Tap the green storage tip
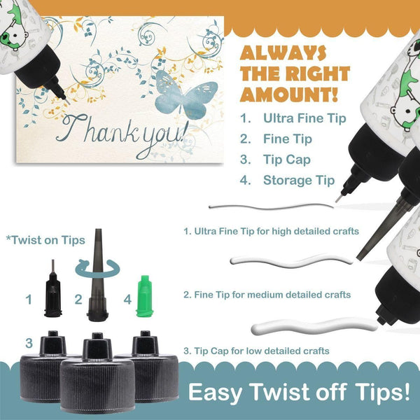pyautogui.click(x=145, y=296)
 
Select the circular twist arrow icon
pyautogui.click(x=97, y=269)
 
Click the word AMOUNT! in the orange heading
pyautogui.click(x=288, y=94)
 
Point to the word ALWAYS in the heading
pyautogui.click(x=283, y=52)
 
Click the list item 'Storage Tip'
pyautogui.click(x=299, y=181)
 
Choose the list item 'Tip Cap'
pyautogui.click(x=287, y=160)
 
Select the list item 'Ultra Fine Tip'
pyautogui.click(x=304, y=118)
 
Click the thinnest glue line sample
pyautogui.click(x=271, y=207)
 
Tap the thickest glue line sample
pyautogui.click(x=314, y=326)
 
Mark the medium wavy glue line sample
pyautogui.click(x=291, y=261)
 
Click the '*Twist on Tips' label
pyautogui.click(x=45, y=240)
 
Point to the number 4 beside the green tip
pyautogui.click(x=127, y=300)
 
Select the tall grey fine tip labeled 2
pyautogui.click(x=98, y=275)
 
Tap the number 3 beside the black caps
pyautogui.click(x=29, y=343)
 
